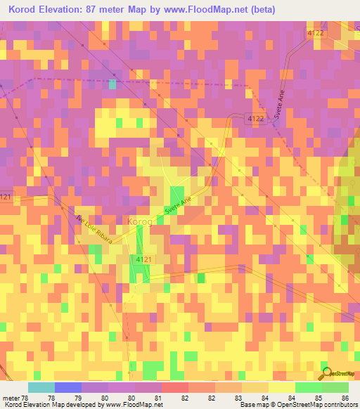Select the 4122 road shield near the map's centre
click(255, 119)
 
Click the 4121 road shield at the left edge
click(6, 197)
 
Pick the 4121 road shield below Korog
click(141, 259)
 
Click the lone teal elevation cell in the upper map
click(112, 84)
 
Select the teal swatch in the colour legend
click(41, 387)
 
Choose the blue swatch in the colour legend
click(68, 387)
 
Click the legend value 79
click(76, 398)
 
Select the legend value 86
click(345, 398)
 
